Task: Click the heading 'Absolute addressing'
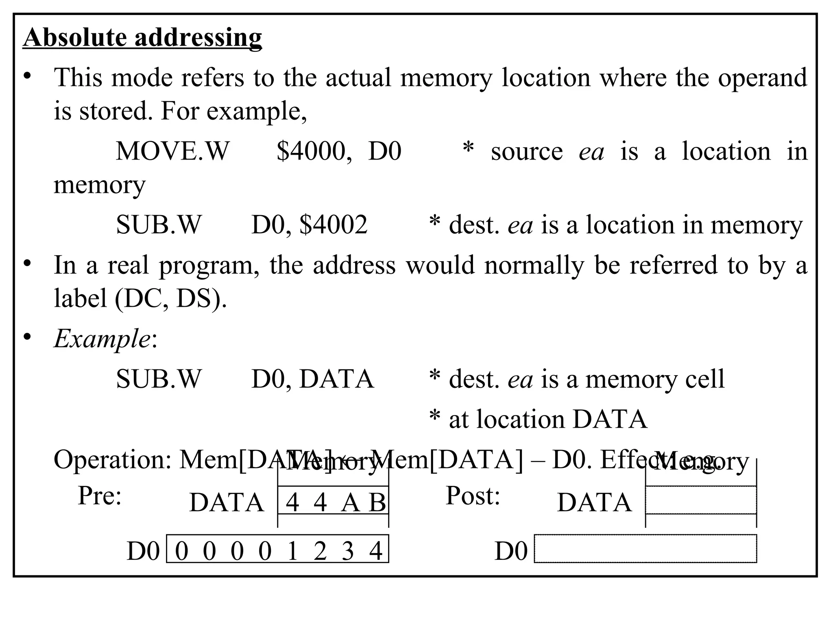[x=142, y=37]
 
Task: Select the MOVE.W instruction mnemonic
[x=172, y=151]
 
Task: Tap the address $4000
[x=311, y=151]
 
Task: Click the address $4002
[x=334, y=225]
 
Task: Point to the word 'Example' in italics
[x=102, y=338]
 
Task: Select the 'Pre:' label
[x=100, y=496]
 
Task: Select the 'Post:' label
[x=473, y=496]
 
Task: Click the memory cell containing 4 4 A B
[x=334, y=500]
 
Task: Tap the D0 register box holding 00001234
[x=278, y=549]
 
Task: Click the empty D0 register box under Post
[x=645, y=549]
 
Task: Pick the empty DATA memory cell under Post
[x=700, y=500]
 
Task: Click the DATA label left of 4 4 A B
[x=227, y=503]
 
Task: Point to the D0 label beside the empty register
[x=511, y=552]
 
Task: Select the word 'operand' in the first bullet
[x=762, y=77]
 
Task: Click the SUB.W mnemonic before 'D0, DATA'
[x=159, y=379]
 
